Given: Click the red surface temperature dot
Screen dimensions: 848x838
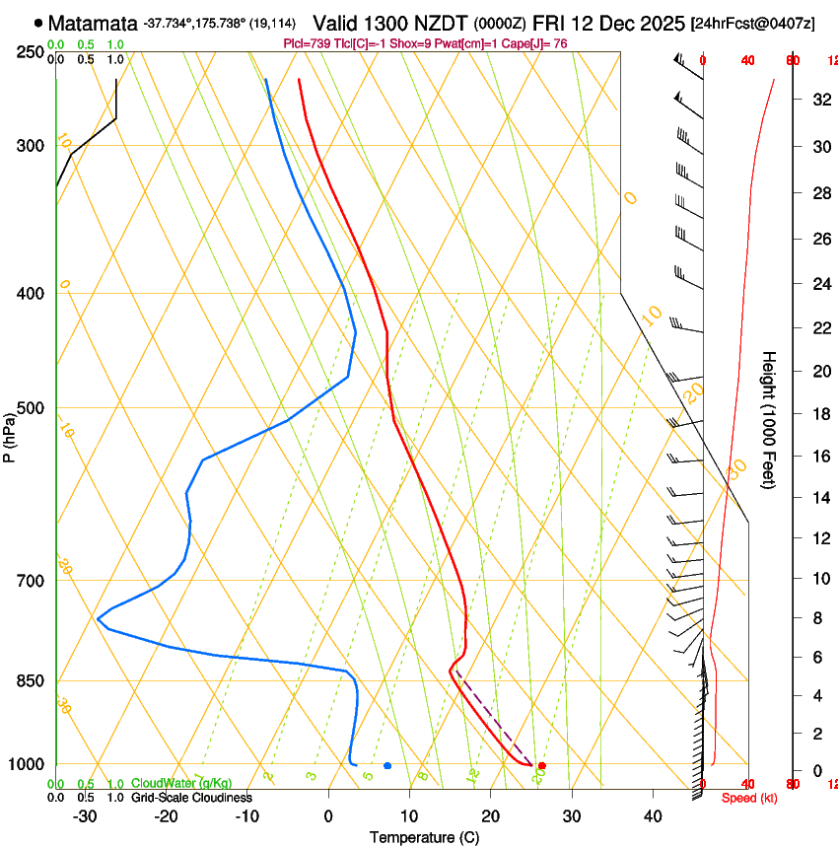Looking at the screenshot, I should tap(542, 765).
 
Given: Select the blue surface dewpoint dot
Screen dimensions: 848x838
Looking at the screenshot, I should tap(387, 765).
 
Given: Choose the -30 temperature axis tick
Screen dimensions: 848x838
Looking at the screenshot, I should tap(85, 816).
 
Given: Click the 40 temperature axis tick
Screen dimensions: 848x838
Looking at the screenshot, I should tap(653, 816).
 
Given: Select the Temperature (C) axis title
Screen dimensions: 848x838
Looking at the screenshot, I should tap(424, 837).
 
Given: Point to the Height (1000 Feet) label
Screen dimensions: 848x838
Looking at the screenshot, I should tap(770, 419).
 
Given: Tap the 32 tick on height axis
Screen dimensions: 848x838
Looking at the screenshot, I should tap(819, 100).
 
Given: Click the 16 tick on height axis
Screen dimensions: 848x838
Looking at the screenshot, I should tap(819, 458).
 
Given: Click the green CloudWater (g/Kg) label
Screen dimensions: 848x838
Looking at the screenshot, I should tap(181, 784).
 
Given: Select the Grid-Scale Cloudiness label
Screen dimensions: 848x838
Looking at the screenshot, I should tap(191, 798).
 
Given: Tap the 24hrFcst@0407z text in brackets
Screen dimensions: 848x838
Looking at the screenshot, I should tap(753, 23).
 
